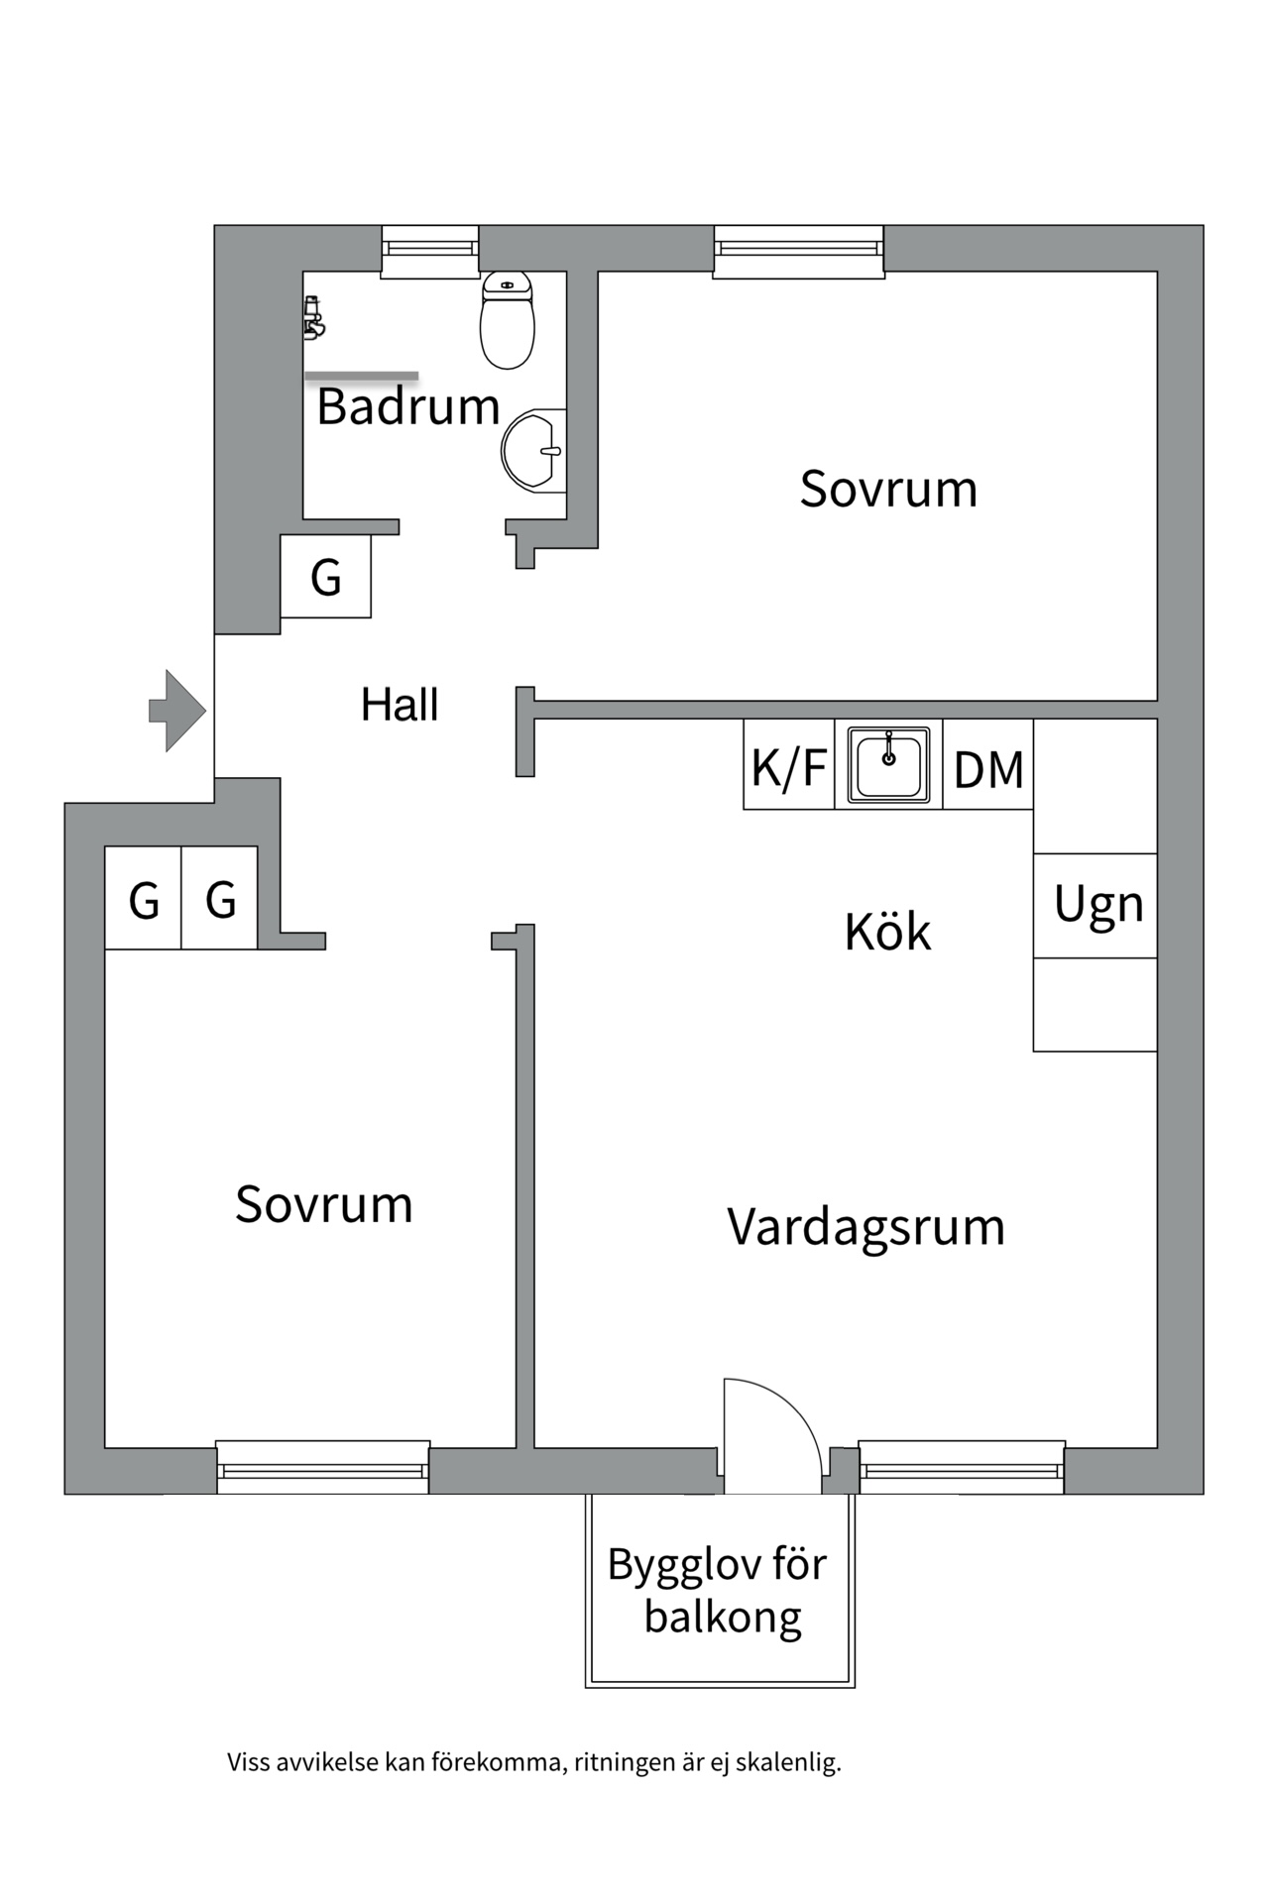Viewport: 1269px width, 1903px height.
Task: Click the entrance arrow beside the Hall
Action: coord(176,711)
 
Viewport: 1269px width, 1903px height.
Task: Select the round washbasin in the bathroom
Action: coord(532,451)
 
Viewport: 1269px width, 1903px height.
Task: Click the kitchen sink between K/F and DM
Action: coord(888,763)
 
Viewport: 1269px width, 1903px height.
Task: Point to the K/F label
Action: coord(788,768)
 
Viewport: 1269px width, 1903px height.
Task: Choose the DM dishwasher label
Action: coord(987,770)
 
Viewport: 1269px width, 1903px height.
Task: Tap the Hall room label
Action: coord(400,705)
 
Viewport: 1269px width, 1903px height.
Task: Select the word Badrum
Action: coord(407,406)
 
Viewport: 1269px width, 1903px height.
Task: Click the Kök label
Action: coord(887,932)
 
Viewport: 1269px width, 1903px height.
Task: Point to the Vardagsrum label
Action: coord(865,1227)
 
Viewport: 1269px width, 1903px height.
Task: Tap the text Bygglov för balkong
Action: coord(718,1591)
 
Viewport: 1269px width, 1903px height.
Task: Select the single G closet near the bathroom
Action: coord(326,577)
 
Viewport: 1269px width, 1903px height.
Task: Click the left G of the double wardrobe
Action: coord(144,900)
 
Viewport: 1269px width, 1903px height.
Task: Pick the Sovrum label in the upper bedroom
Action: coord(888,489)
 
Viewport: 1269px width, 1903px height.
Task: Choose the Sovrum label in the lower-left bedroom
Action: coord(323,1204)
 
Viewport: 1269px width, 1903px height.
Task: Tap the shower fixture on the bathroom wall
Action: coord(314,317)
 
